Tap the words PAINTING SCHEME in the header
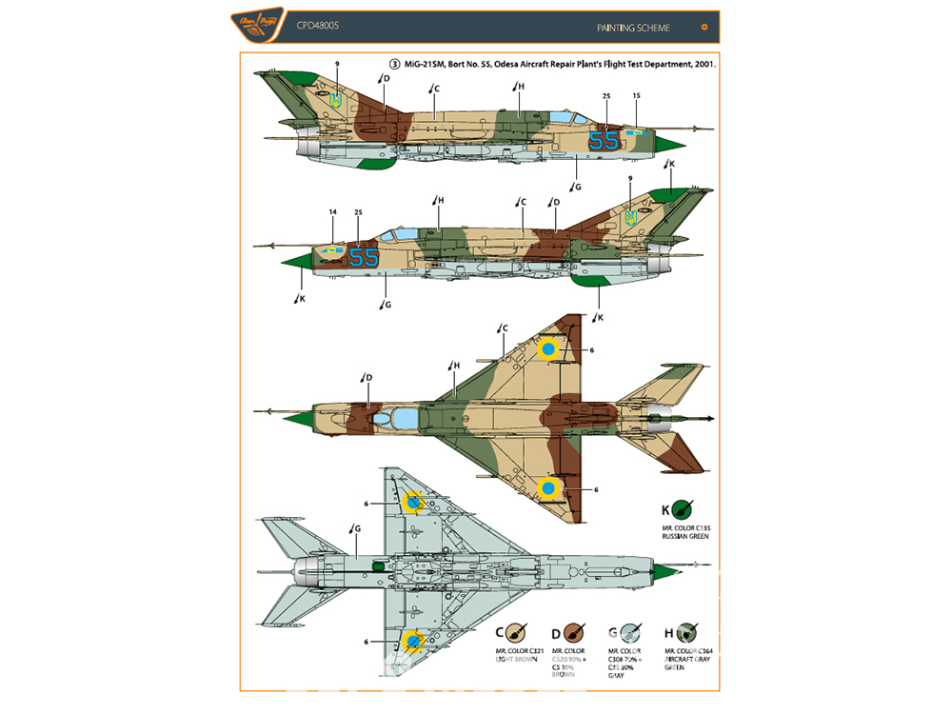coord(633,28)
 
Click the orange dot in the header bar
coord(704,28)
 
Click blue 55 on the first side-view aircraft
coord(603,141)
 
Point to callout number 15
coord(636,95)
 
